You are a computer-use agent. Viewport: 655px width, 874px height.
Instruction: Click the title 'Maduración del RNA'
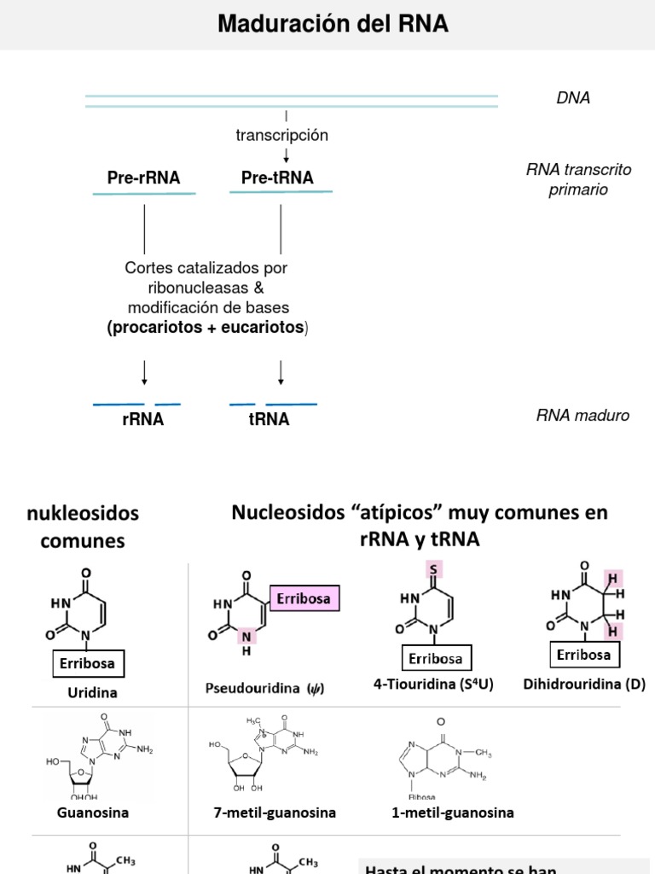[333, 24]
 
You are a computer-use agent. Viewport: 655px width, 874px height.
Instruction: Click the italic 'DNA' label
[573, 98]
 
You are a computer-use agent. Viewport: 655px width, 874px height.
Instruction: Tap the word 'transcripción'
[281, 135]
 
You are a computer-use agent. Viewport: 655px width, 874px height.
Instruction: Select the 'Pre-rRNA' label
[144, 178]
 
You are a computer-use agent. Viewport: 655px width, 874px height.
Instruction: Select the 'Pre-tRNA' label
[277, 178]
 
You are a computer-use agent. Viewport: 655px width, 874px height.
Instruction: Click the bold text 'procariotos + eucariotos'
[207, 328]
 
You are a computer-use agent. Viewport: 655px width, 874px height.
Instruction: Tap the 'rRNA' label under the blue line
[143, 419]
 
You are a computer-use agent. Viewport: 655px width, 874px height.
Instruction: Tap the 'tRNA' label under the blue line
[269, 419]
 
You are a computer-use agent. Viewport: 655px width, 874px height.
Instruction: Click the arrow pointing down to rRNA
[145, 373]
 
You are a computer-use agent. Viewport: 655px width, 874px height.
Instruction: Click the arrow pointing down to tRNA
[281, 373]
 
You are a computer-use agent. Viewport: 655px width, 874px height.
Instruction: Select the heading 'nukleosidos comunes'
[83, 527]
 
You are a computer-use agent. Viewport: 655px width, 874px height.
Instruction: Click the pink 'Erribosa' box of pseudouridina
[304, 598]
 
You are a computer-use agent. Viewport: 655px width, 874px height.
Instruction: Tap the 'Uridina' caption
[92, 693]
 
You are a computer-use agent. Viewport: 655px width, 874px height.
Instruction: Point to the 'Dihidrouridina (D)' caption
[585, 684]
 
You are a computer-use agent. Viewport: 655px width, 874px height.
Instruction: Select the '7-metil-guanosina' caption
[275, 813]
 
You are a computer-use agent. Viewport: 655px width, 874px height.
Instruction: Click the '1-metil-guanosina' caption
[453, 813]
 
